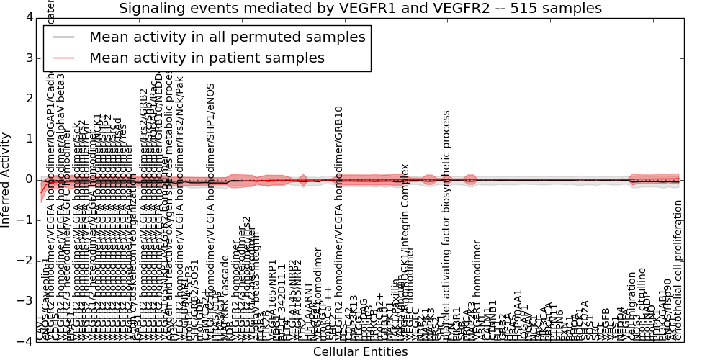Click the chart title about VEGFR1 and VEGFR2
[x=360, y=9]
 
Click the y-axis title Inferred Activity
[x=6, y=179]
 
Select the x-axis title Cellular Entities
[x=360, y=352]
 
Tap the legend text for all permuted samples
[x=227, y=37]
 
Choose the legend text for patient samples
[x=207, y=58]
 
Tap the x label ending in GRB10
[x=338, y=223]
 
